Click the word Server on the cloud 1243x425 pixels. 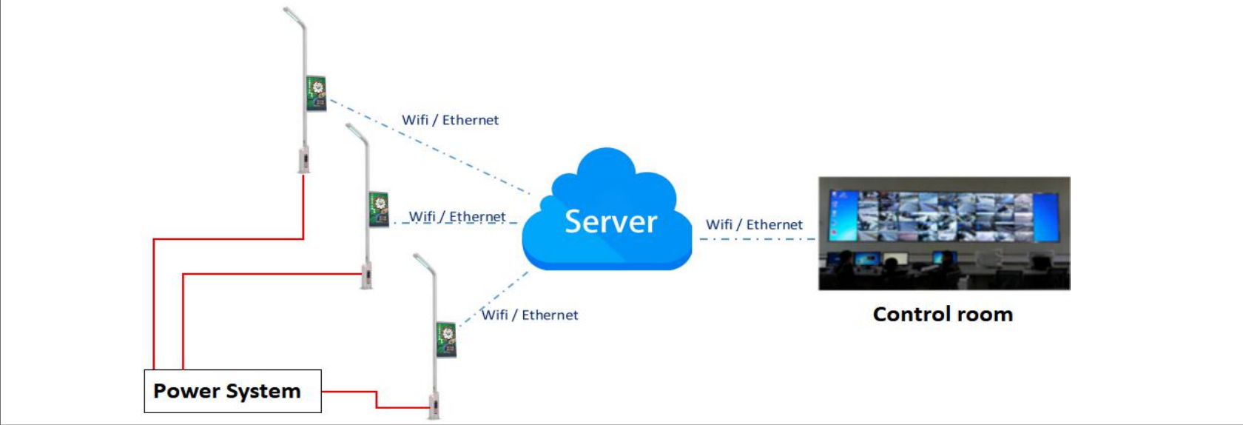pos(611,221)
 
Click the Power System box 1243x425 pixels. pos(232,391)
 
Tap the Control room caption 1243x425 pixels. pos(943,315)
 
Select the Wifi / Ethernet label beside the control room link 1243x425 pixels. pos(754,224)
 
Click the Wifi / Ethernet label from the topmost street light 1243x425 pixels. pos(450,120)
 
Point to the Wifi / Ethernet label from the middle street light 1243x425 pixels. pos(457,217)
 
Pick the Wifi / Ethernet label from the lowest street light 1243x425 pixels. pos(530,315)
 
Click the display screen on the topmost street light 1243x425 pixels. pos(317,93)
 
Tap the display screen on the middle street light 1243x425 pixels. pos(379,209)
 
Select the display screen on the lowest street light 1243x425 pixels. pos(446,339)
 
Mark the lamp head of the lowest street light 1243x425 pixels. pos(424,262)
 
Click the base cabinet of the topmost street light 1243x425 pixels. pos(304,161)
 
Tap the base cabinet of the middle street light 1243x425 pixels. pos(366,276)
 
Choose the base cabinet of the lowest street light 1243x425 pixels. pos(434,406)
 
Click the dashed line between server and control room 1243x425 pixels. pos(758,239)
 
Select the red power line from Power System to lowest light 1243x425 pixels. pos(377,399)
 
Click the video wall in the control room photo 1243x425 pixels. pos(943,217)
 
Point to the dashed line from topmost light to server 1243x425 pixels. pos(430,147)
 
